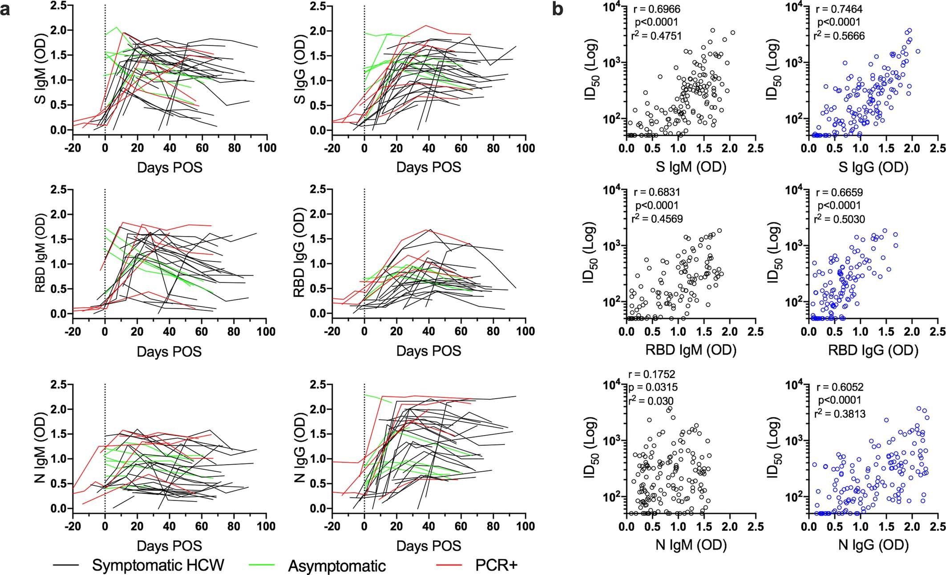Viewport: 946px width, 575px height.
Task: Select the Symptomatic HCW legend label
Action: click(x=158, y=565)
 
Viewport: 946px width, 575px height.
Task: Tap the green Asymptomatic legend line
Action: click(x=260, y=565)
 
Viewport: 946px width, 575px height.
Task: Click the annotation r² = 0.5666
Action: click(x=839, y=36)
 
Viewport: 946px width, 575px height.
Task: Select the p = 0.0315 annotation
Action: click(x=653, y=387)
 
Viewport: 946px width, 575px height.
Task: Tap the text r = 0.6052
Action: click(x=839, y=387)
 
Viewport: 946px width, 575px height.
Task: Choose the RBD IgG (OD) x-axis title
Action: click(x=873, y=350)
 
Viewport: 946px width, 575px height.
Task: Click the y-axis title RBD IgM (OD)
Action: click(x=40, y=254)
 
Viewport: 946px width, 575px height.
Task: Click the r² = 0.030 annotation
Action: click(x=651, y=400)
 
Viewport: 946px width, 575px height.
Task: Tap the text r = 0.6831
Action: click(x=657, y=192)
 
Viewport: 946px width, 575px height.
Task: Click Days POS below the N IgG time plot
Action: click(x=429, y=546)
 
